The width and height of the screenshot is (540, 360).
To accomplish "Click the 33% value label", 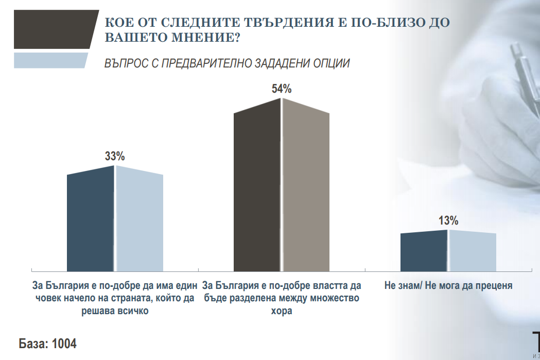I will [x=115, y=157].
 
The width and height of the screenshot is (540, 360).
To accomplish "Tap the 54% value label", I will [x=282, y=89].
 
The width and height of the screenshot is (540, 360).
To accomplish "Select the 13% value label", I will [x=448, y=221].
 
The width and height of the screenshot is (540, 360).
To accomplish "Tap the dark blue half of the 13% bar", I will [x=424, y=251].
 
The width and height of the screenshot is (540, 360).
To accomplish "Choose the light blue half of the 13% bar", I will [x=473, y=251].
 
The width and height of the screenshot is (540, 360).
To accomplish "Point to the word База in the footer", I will [x=32, y=344].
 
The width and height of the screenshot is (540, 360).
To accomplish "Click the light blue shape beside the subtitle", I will [x=50, y=60].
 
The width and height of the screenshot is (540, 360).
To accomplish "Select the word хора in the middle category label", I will [x=282, y=312].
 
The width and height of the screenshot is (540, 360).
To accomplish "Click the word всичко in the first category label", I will [x=128, y=312].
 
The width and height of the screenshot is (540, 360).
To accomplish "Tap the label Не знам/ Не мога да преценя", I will [x=448, y=285].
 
